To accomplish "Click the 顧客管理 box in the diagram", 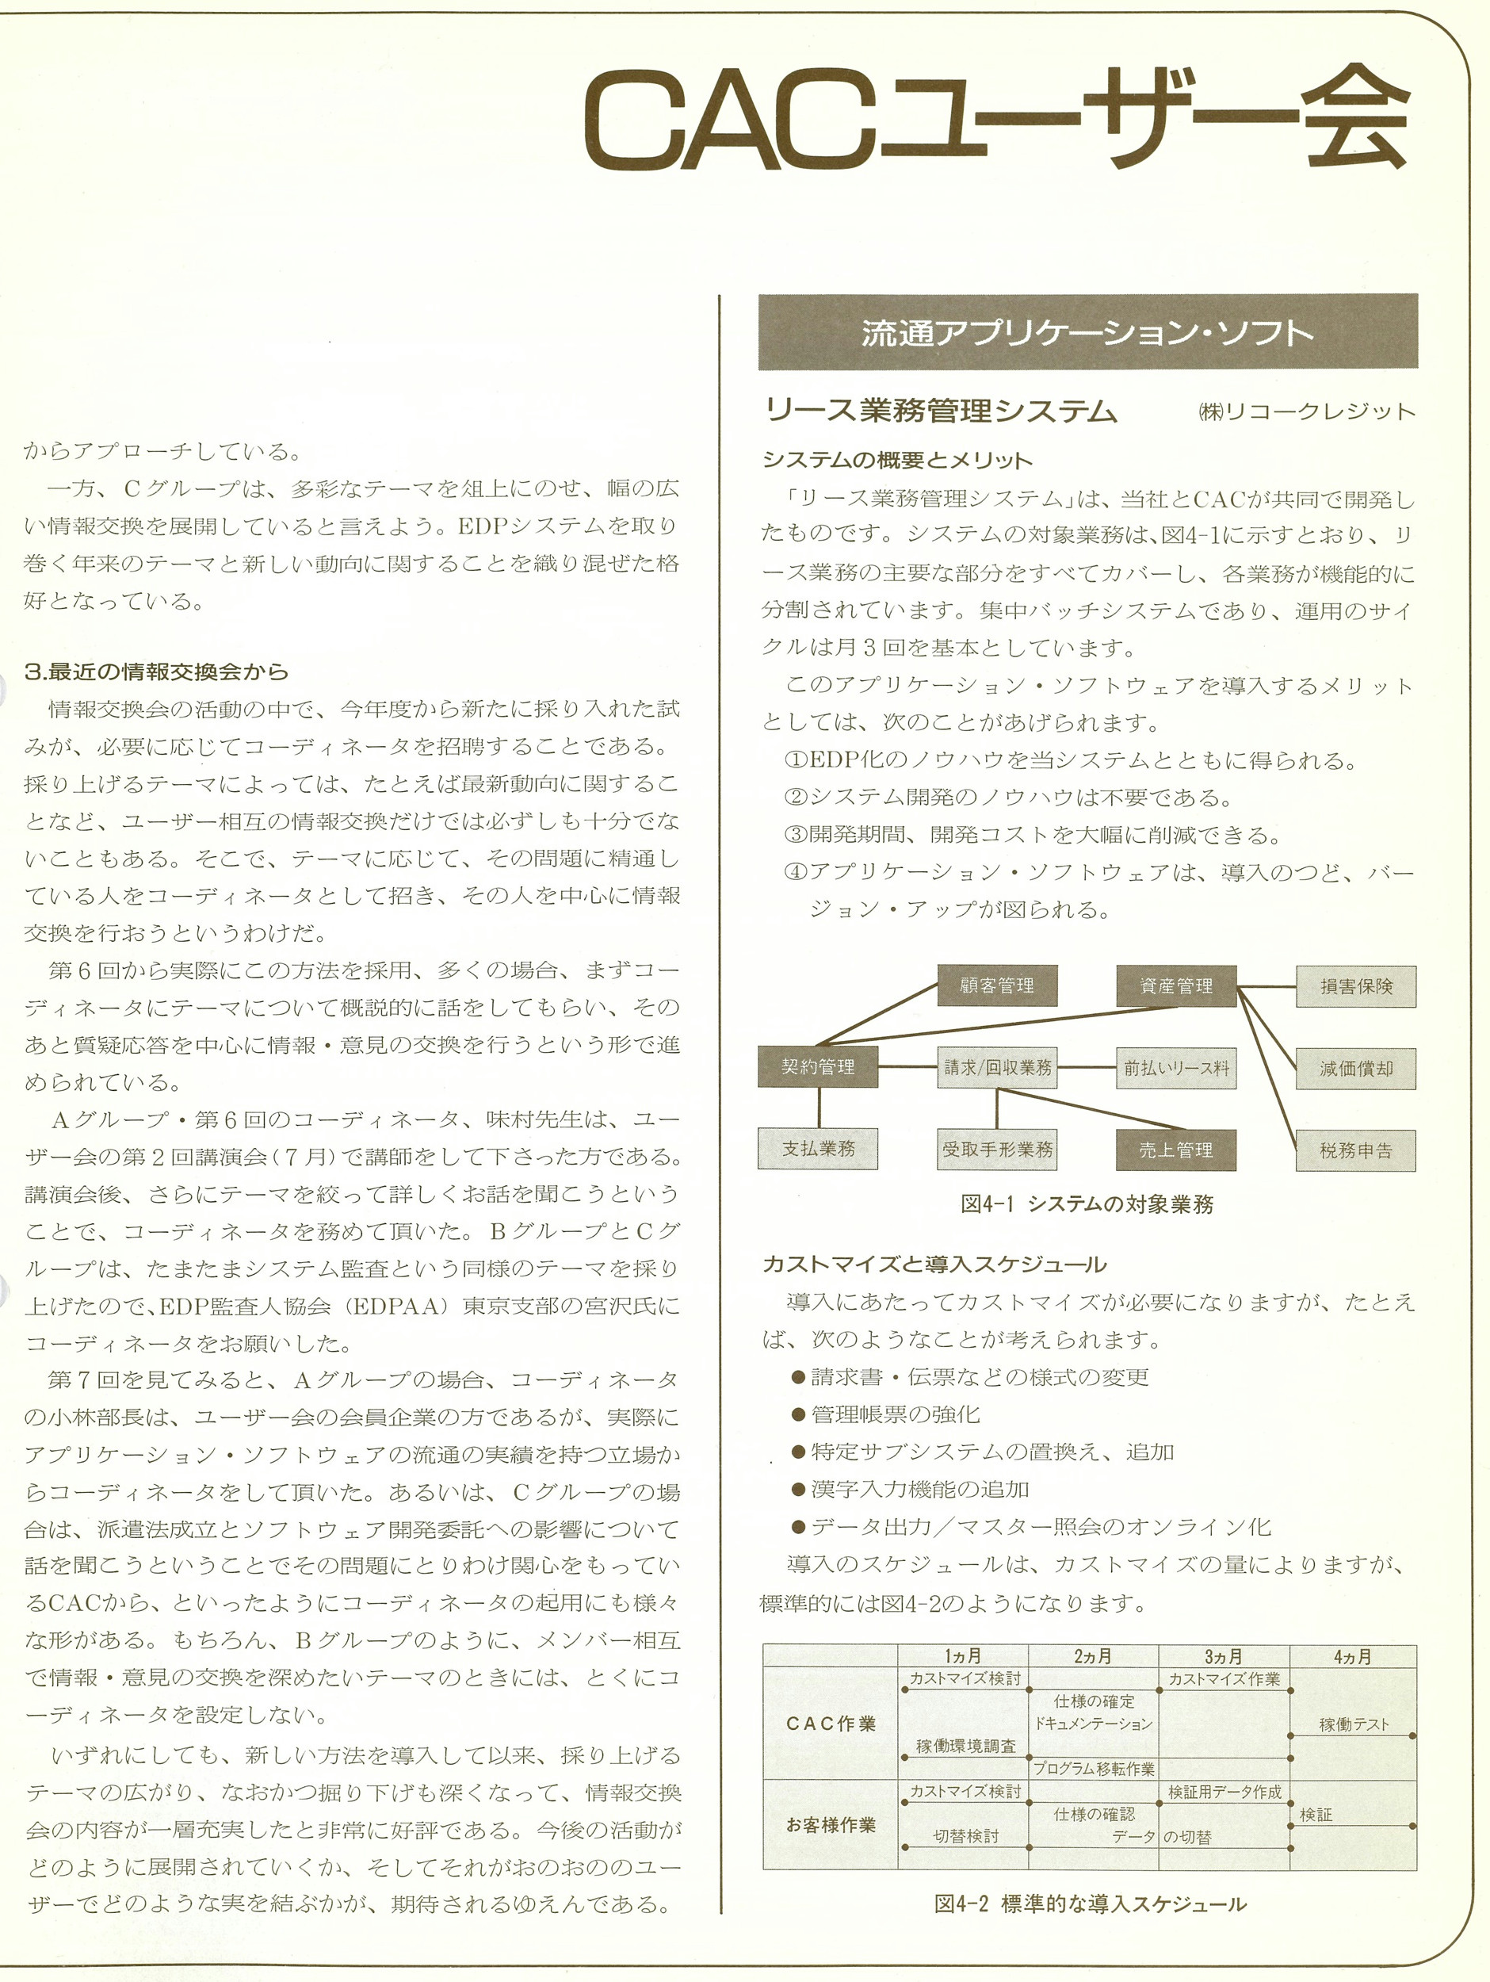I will click(x=996, y=985).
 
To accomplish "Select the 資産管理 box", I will click(x=1175, y=985).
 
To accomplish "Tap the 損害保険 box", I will click(x=1355, y=985).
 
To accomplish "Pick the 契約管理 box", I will click(x=817, y=1066).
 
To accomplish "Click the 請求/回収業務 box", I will click(x=996, y=1067).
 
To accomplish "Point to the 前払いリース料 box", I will click(x=1175, y=1067).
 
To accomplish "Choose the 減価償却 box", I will click(x=1355, y=1068).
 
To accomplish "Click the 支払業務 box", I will click(x=817, y=1149).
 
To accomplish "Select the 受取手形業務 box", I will click(x=996, y=1150).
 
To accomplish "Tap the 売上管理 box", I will click(x=1175, y=1150).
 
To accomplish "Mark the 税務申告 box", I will click(x=1355, y=1150).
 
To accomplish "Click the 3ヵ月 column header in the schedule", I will click(x=1223, y=1656).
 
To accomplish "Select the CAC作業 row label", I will click(x=830, y=1723).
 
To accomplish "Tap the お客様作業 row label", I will click(x=830, y=1824).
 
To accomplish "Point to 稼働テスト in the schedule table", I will click(x=1353, y=1724).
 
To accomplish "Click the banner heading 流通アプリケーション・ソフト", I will click(x=1087, y=332).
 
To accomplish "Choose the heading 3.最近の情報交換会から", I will click(x=157, y=672).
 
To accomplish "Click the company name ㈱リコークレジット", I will click(x=1306, y=411).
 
